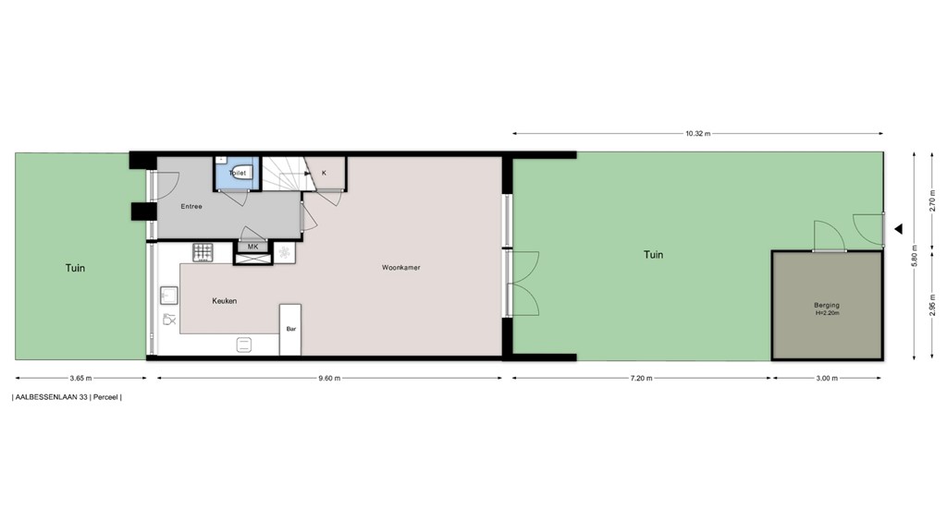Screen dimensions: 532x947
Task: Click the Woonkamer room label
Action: (x=400, y=268)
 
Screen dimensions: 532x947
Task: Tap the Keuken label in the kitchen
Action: (x=225, y=301)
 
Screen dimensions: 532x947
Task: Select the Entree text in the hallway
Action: (x=191, y=206)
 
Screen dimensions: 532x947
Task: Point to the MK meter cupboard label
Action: (x=252, y=247)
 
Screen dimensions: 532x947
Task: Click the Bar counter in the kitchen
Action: (x=290, y=329)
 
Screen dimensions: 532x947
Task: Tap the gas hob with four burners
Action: (x=203, y=251)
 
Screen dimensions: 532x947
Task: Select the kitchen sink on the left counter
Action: (x=169, y=296)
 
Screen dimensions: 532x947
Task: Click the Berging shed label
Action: (x=827, y=305)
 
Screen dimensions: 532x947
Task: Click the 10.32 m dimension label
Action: (x=698, y=134)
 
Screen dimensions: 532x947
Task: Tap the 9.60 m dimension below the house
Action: (x=330, y=378)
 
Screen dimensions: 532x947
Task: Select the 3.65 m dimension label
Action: (x=80, y=378)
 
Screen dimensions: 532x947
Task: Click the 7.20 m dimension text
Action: (x=642, y=378)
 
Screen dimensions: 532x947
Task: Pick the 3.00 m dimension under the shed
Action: (x=827, y=378)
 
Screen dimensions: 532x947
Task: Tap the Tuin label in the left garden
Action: (x=75, y=269)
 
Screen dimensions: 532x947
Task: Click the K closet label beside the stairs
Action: (x=324, y=173)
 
